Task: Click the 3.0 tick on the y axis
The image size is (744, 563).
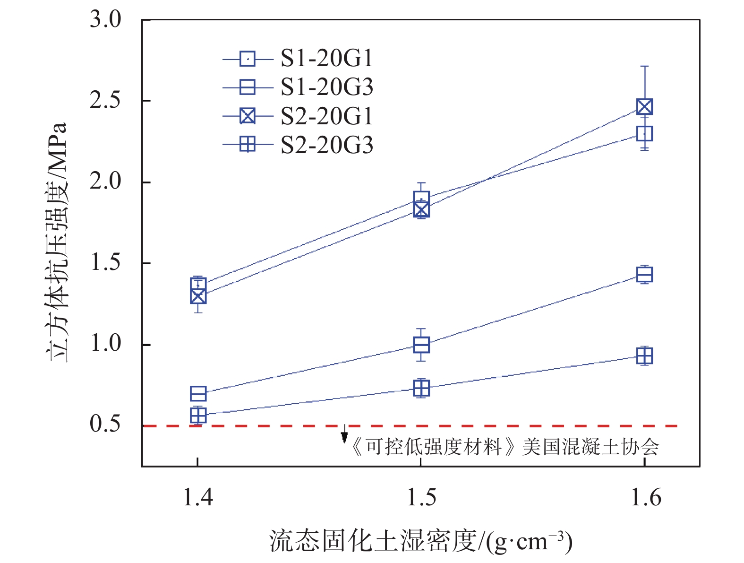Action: [105, 20]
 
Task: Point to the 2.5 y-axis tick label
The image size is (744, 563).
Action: [105, 101]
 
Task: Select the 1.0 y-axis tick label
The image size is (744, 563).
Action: [105, 344]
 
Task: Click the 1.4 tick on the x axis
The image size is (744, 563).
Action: [197, 497]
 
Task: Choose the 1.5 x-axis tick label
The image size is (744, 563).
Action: [421, 497]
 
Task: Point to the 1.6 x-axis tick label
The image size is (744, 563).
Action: [645, 497]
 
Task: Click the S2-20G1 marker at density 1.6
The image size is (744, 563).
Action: [645, 107]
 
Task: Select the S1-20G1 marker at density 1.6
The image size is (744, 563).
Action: [645, 134]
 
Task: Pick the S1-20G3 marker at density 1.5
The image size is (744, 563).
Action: [421, 345]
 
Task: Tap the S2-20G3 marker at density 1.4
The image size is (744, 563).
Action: [198, 415]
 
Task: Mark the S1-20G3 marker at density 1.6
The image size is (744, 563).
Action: [645, 274]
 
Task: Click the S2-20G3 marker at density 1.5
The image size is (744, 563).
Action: [421, 389]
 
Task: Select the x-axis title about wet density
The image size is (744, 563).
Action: [420, 541]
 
